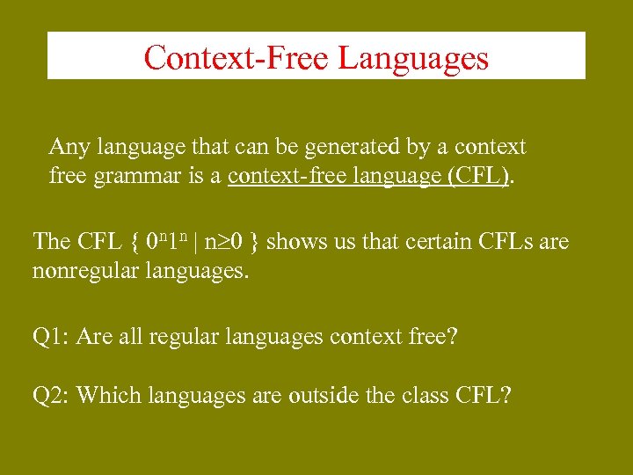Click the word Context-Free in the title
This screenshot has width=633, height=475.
click(236, 58)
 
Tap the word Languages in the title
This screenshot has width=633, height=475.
click(413, 58)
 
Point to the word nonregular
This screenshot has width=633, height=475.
click(82, 271)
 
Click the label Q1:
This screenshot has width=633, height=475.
click(51, 337)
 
